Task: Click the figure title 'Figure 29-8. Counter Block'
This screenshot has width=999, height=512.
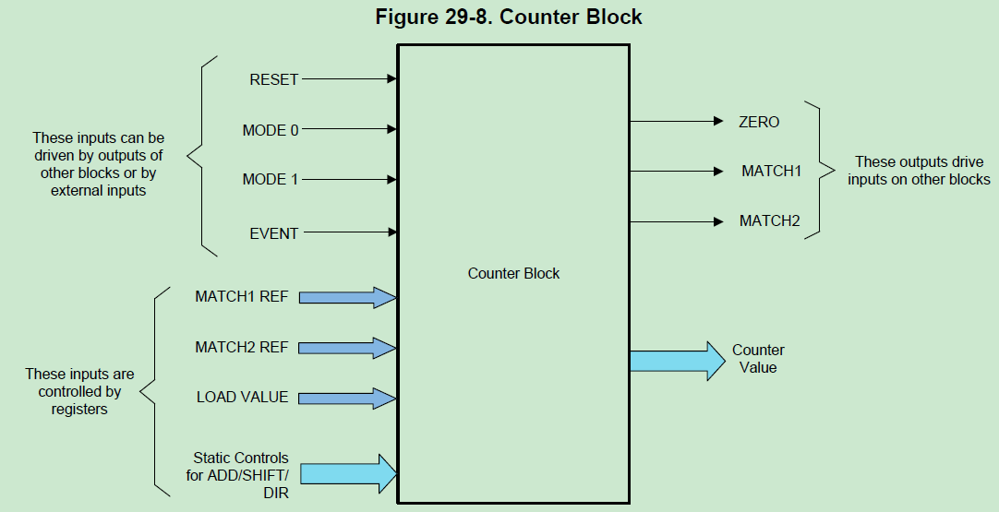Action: click(x=509, y=18)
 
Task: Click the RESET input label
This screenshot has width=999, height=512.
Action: click(x=274, y=80)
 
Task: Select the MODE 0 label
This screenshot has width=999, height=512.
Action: click(x=271, y=130)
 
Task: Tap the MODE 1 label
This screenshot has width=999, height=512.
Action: click(x=271, y=179)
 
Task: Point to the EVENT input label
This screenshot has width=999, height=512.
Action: click(x=274, y=233)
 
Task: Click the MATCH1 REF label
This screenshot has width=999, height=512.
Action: click(x=241, y=297)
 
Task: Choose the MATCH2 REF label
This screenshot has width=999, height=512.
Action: click(x=241, y=348)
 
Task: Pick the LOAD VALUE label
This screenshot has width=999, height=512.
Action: click(x=242, y=398)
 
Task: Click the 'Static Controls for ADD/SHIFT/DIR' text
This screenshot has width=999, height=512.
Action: click(x=241, y=475)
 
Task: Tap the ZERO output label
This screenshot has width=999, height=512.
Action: click(x=759, y=122)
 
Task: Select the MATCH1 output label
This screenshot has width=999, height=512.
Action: click(x=771, y=172)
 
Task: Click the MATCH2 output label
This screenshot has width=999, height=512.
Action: click(x=770, y=221)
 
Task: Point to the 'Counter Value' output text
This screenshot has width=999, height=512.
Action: click(x=758, y=359)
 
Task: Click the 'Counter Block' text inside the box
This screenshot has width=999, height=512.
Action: click(x=513, y=273)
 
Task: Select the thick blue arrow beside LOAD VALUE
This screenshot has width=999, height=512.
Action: click(x=346, y=398)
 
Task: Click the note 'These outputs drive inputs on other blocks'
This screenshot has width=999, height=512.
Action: click(x=919, y=171)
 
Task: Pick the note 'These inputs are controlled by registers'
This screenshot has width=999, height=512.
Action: click(x=79, y=391)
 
